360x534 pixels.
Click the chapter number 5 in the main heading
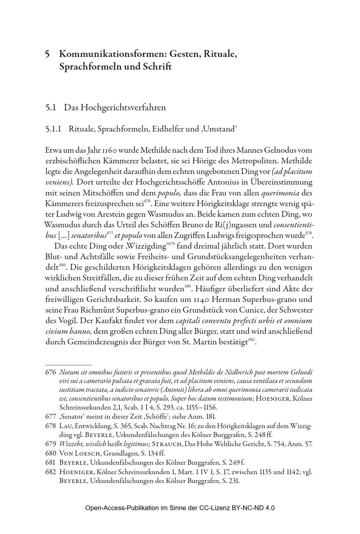[47, 54]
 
